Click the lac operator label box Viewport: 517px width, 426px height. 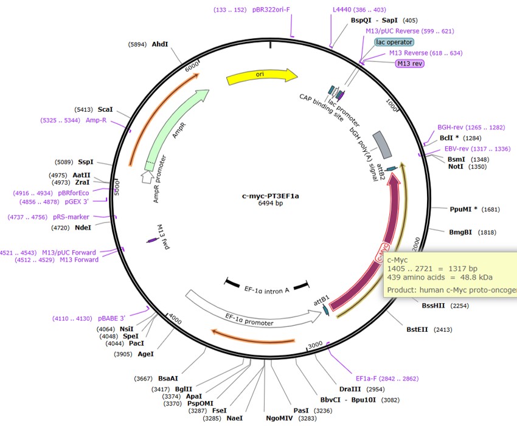pos(394,42)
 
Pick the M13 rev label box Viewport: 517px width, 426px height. pos(410,63)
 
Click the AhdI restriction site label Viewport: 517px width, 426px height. pos(160,44)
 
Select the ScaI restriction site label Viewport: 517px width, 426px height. pos(105,109)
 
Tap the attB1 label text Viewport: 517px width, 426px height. pos(321,300)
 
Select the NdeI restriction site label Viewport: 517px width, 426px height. pos(83,227)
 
